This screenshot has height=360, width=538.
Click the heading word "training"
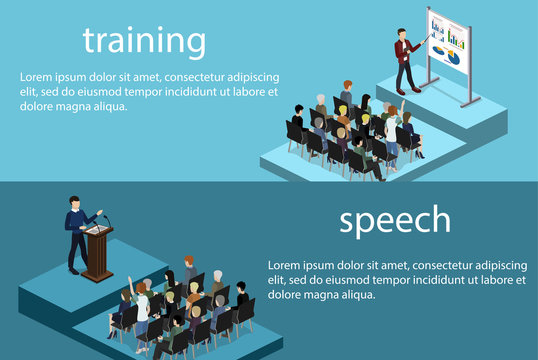coord(144,41)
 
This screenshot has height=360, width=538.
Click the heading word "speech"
coord(394,220)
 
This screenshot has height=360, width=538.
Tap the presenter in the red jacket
coord(405,58)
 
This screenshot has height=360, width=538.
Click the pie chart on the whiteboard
coord(451,57)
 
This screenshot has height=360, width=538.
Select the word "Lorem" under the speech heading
coord(287,265)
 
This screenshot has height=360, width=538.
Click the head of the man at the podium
coord(74,203)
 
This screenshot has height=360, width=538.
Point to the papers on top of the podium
coord(96,228)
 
